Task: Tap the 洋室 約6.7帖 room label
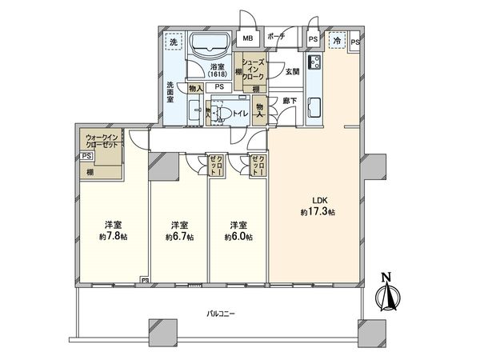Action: click(178, 230)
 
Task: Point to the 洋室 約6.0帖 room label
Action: click(238, 230)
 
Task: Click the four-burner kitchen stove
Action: click(314, 65)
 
